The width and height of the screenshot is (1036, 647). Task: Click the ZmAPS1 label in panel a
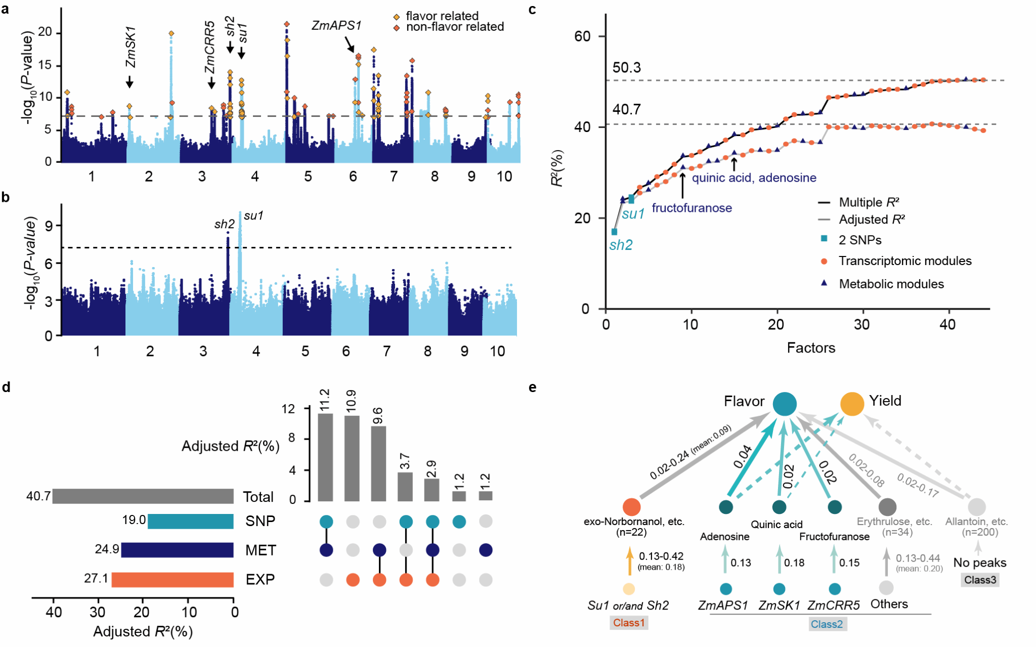tap(336, 25)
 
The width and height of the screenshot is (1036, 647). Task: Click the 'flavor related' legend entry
tap(442, 16)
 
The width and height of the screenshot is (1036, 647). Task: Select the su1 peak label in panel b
tap(253, 216)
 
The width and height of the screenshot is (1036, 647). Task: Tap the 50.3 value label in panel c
tap(626, 68)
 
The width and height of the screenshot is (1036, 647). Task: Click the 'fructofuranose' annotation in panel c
tap(692, 208)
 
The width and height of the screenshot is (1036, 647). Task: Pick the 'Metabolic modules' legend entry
tap(891, 284)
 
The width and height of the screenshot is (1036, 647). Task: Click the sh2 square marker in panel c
tap(614, 232)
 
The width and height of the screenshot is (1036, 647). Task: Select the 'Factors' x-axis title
tap(811, 348)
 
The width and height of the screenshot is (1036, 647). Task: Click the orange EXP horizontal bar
tap(172, 580)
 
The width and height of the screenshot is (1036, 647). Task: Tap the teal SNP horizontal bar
tap(191, 521)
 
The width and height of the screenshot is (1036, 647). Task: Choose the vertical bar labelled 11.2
tap(325, 457)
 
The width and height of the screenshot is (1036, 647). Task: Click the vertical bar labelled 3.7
tap(405, 486)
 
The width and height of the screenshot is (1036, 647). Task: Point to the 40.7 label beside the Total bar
tap(38, 496)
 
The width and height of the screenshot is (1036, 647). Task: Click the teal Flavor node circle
tap(785, 404)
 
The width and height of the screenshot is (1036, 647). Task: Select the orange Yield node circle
tap(852, 404)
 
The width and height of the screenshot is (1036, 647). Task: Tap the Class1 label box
tap(629, 623)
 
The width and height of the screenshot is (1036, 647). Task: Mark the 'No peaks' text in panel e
tap(979, 563)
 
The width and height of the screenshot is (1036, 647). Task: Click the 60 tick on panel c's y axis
tap(583, 36)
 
